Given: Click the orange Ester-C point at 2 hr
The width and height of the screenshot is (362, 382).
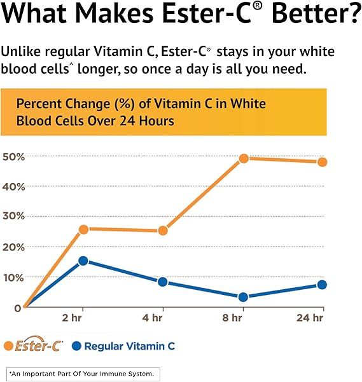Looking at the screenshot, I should [83, 229].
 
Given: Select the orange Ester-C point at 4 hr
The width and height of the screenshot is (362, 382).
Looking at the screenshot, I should [163, 230].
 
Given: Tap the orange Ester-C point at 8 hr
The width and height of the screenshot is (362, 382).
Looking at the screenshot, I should [243, 158].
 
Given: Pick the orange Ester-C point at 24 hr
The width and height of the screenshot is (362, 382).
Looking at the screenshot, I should [322, 161].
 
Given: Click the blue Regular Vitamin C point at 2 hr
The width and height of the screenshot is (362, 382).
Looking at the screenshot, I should [83, 261].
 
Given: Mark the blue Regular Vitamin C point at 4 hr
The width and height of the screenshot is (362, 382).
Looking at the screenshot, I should [163, 282].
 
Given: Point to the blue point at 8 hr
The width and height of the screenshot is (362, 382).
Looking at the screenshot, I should [243, 297].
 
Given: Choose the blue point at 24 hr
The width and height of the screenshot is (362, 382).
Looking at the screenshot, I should [322, 285].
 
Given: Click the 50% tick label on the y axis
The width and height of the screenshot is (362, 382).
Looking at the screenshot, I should [13, 156].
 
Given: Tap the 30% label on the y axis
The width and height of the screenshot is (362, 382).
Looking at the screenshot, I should [13, 216].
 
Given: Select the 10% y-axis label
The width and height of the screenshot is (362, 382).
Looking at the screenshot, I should [13, 277].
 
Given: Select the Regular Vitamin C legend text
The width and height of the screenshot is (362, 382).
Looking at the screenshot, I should [129, 346].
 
